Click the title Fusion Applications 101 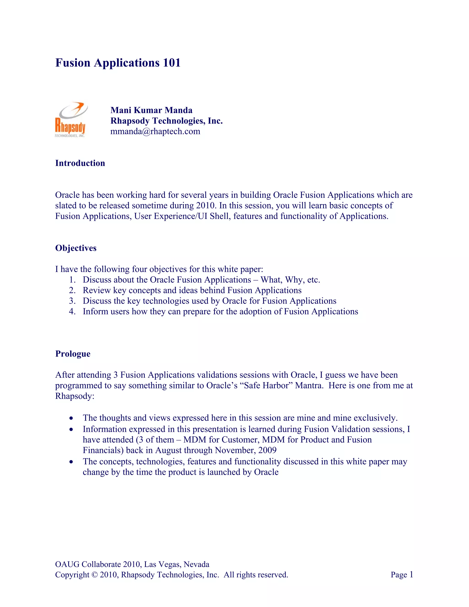point(118,63)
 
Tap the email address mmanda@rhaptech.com point(155,131)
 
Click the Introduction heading point(80,163)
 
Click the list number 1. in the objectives point(72,280)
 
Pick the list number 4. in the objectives point(72,311)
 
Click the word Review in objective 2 point(97,290)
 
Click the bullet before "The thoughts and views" point(72,418)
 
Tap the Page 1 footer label point(402,574)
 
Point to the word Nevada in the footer point(196,564)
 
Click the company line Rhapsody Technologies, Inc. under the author point(166,121)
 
